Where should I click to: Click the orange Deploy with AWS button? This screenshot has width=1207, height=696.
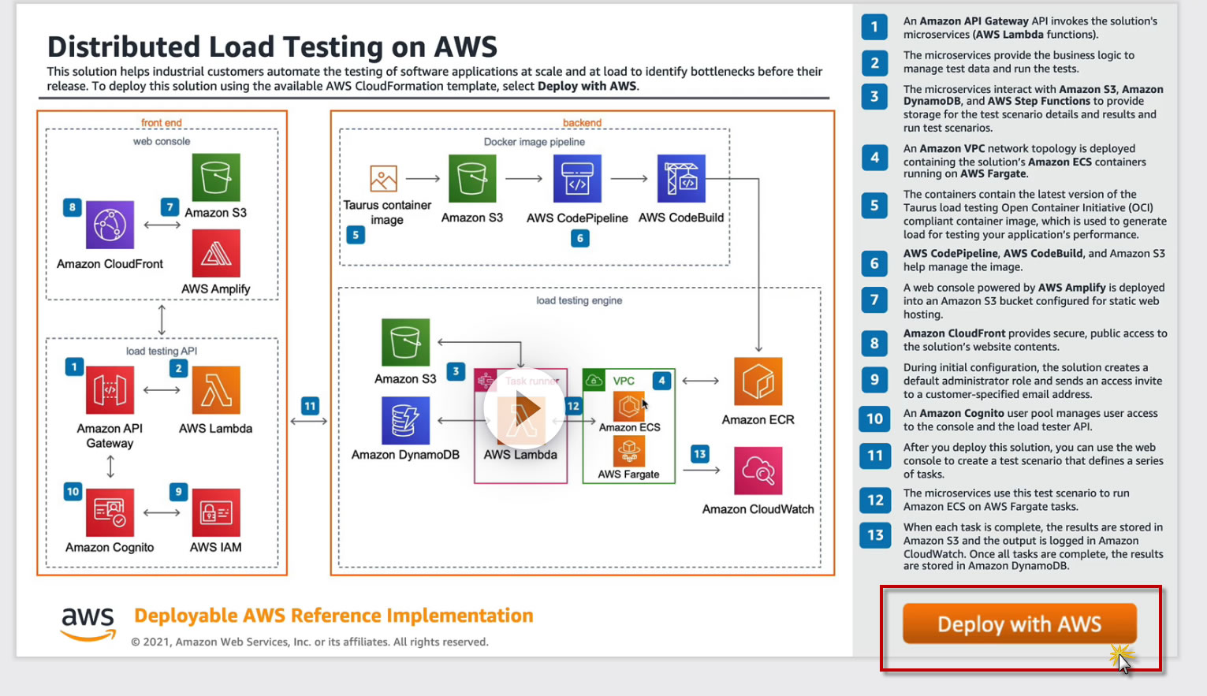1019,623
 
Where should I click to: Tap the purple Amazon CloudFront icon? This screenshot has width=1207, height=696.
110,225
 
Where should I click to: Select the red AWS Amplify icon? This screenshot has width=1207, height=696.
216,253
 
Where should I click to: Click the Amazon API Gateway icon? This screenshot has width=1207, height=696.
110,390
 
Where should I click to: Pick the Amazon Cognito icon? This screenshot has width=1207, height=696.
110,512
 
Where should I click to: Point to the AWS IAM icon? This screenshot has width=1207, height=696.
216,512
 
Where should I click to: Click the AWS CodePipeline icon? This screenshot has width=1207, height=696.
577,179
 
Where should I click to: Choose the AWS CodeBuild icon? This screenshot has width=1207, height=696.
681,179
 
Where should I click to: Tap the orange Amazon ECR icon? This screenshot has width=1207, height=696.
758,381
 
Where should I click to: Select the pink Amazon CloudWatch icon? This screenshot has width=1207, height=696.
758,471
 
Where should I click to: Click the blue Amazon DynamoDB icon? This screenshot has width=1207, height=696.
405,420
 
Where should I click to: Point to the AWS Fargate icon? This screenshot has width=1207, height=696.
628,451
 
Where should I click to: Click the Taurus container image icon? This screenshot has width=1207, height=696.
384,179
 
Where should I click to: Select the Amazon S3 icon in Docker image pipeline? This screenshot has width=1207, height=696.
472,179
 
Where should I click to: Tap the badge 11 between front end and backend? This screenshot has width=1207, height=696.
310,406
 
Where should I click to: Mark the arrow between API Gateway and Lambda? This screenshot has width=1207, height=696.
162,390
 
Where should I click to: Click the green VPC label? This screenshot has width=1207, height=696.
624,381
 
